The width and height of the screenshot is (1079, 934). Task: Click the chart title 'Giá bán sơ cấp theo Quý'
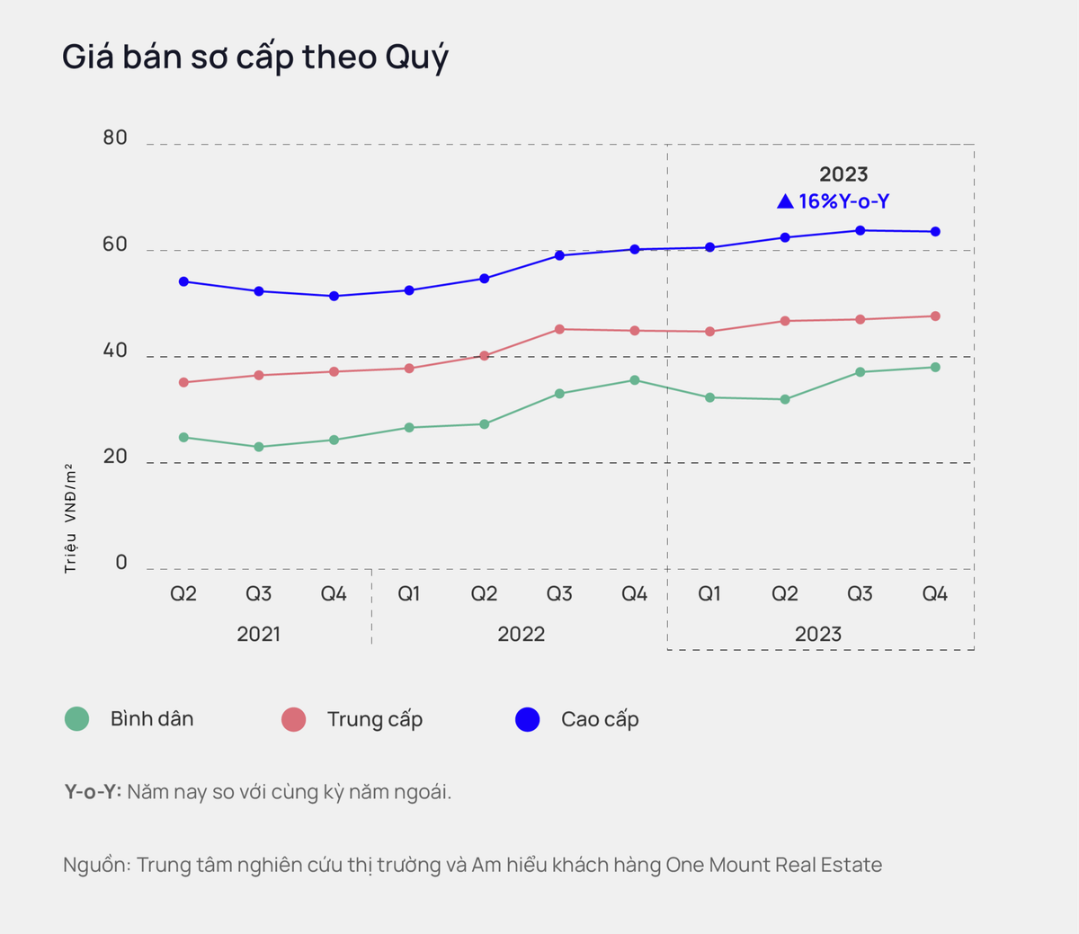tap(254, 58)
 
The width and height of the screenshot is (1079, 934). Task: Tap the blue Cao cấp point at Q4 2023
tap(935, 232)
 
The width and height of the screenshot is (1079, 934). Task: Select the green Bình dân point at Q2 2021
tap(183, 438)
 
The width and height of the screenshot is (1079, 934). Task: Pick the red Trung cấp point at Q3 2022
tap(559, 329)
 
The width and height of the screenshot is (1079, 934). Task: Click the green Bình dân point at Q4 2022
tap(635, 380)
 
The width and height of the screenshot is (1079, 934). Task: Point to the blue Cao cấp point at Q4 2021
tap(334, 296)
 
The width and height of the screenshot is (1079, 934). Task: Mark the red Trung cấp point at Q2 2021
tap(183, 382)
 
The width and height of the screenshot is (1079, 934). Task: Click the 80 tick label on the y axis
tap(115, 138)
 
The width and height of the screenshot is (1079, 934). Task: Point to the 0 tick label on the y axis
tap(121, 563)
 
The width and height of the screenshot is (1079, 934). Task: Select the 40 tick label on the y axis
tap(115, 351)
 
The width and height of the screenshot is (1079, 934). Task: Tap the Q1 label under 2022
tap(409, 594)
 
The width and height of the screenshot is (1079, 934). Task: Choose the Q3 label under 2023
tap(860, 594)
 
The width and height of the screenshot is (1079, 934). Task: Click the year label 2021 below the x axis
tap(259, 635)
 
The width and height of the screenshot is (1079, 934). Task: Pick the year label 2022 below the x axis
tap(522, 635)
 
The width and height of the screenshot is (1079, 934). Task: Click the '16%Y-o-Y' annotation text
tap(843, 201)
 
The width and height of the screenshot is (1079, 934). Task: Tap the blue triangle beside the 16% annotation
tap(785, 201)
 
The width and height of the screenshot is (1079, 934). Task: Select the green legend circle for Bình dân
tap(77, 719)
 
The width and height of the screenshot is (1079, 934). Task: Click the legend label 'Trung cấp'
tap(375, 719)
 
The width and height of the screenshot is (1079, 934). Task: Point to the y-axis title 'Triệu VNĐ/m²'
tap(70, 519)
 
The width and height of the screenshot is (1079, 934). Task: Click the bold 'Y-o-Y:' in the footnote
tap(93, 792)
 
